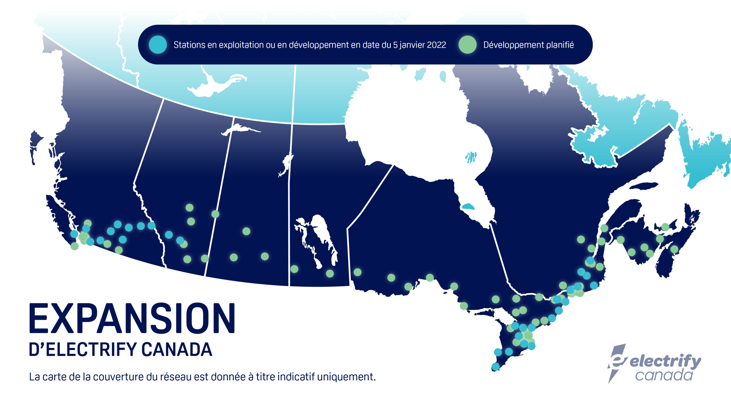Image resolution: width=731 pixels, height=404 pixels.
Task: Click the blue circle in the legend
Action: click(x=158, y=45)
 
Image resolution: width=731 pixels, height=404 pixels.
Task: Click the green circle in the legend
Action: click(x=468, y=45)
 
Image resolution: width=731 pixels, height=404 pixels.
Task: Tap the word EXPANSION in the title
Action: click(x=132, y=318)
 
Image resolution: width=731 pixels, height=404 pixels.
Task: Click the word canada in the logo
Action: click(x=664, y=375)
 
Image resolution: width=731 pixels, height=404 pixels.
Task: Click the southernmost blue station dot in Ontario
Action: click(x=496, y=366)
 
